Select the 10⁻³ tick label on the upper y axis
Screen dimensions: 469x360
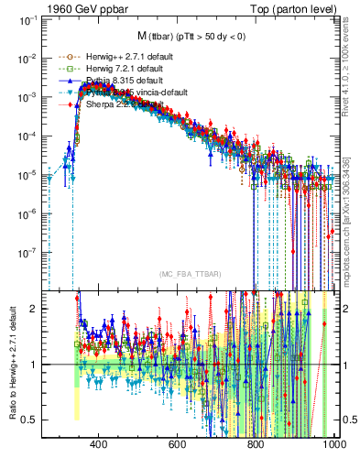27,96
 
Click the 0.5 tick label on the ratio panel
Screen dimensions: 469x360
29,420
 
